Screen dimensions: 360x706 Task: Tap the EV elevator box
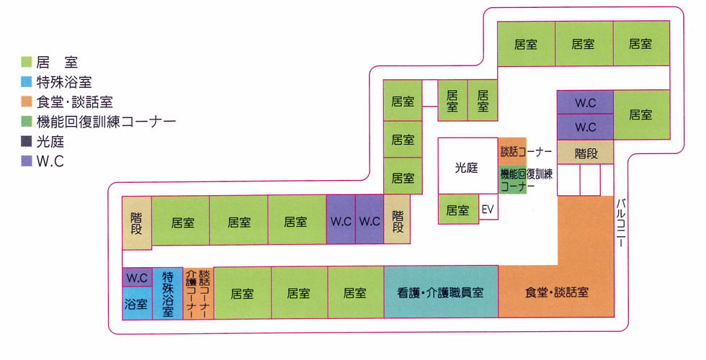(488, 210)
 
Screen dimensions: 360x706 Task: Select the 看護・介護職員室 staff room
(440, 292)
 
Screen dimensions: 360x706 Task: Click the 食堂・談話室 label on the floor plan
(557, 292)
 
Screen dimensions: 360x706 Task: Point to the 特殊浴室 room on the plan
(168, 292)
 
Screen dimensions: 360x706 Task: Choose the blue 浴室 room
(136, 303)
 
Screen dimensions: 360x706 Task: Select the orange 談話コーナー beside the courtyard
(513, 151)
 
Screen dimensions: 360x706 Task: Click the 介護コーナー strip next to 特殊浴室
(191, 292)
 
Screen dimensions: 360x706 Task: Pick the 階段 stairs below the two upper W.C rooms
(585, 153)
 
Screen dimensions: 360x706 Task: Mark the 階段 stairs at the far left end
(136, 222)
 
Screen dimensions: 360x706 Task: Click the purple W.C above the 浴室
(136, 277)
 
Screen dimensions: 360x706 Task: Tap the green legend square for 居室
(27, 63)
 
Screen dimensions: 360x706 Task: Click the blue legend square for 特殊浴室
(27, 82)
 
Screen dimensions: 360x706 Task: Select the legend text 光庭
(50, 142)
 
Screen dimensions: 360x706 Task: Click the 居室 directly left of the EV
(457, 210)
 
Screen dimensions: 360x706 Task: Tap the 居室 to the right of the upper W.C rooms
(640, 114)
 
